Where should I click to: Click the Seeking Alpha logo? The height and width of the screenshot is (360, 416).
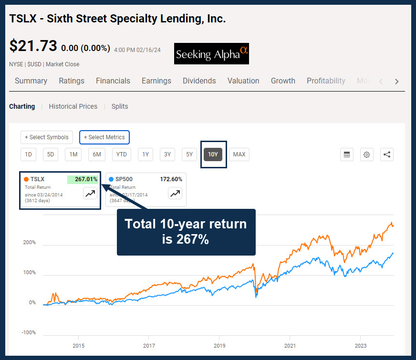point(211,54)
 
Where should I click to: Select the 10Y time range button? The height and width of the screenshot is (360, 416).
point(213,154)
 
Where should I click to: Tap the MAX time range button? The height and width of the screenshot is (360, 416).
point(239,154)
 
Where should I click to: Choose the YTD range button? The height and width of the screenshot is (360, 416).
point(122,154)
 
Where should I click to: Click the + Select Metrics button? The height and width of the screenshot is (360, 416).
point(104,137)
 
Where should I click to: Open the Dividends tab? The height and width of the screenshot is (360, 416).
point(199,81)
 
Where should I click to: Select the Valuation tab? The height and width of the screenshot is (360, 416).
point(243,81)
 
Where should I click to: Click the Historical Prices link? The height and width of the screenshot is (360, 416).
point(73,106)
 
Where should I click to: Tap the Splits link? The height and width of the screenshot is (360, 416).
point(120,106)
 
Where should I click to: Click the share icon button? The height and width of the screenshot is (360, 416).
point(387,154)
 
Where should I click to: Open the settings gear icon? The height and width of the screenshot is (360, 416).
point(367,154)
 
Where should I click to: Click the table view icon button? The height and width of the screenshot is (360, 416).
point(347,154)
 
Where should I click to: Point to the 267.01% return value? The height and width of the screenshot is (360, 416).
point(86,179)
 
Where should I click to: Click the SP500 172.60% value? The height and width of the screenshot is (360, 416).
point(171,179)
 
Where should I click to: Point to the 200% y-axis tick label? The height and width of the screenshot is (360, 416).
point(30,242)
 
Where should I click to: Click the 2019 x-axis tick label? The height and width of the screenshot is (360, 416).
point(219,346)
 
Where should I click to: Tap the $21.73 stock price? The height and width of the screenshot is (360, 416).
point(33,46)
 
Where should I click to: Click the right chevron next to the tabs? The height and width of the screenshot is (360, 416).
point(396,82)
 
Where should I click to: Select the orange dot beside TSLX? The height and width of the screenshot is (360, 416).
point(26,179)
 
